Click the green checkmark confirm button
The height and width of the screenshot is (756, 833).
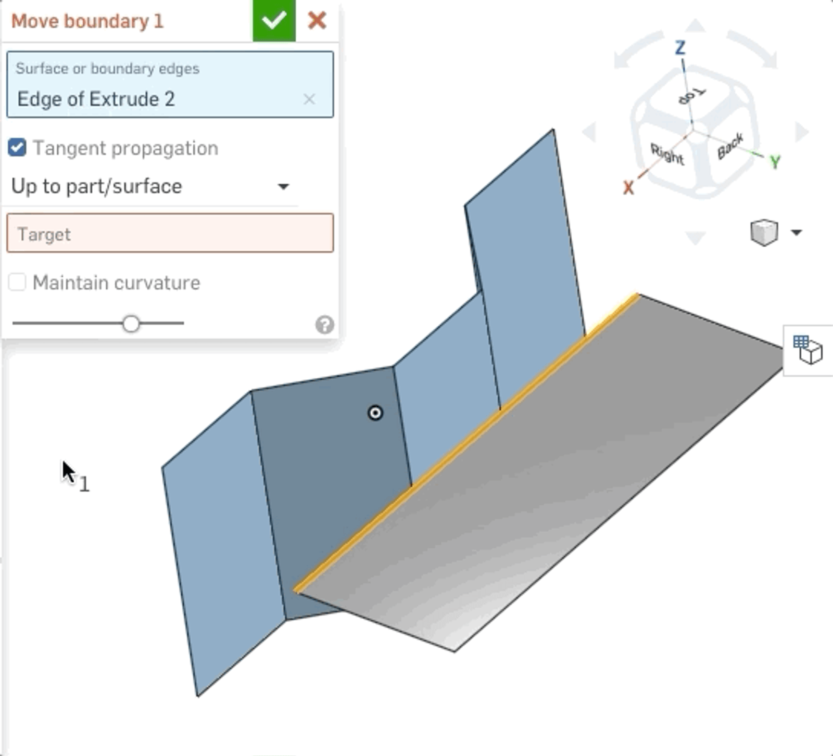pos(274,21)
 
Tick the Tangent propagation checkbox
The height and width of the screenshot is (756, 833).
pos(17,148)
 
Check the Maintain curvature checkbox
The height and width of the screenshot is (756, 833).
pos(17,283)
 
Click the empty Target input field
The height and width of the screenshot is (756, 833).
pos(170,234)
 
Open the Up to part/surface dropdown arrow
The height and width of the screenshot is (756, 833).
pos(283,187)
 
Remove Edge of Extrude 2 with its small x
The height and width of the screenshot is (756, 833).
pos(309,99)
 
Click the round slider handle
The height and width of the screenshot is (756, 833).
pos(131,324)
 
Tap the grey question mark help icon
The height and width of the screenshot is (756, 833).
pos(324,325)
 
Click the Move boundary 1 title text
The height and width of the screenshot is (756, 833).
pos(87,21)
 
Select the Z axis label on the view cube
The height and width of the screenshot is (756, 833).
pos(680,48)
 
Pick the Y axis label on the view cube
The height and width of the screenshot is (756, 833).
pos(775,162)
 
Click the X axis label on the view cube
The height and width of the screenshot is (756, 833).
pos(628,188)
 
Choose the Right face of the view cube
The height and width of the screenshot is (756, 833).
pos(667,155)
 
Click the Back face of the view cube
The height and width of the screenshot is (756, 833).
pos(730,146)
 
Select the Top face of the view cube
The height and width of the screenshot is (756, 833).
pos(691,96)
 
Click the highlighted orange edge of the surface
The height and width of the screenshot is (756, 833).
pos(466,442)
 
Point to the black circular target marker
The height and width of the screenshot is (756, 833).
pos(375,413)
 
